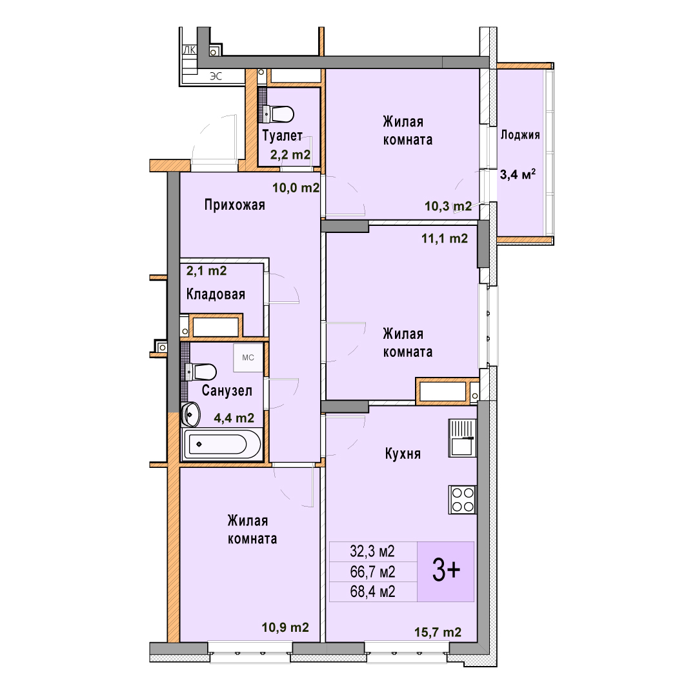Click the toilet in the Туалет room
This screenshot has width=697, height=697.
[278, 114]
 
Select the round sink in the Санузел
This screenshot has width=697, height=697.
[191, 414]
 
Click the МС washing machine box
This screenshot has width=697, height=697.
[248, 358]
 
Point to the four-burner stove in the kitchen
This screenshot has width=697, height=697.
[462, 500]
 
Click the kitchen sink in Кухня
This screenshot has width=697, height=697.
[462, 438]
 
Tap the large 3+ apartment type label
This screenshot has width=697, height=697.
[446, 571]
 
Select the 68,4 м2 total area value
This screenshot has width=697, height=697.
[372, 592]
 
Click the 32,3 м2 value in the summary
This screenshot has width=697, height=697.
[372, 552]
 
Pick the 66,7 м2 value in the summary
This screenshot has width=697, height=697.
[372, 572]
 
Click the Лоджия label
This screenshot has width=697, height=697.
[520, 135]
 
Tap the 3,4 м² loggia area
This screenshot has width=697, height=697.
[518, 174]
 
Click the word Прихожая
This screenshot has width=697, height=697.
[235, 205]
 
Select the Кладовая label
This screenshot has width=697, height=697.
[216, 294]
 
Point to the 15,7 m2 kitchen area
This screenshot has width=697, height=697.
[438, 632]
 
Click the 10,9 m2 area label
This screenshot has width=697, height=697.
[285, 627]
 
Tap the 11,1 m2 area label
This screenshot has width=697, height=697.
[445, 239]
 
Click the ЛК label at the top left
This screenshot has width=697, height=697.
[189, 50]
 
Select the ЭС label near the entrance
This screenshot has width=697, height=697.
[216, 76]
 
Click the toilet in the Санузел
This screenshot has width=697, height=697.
[201, 372]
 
